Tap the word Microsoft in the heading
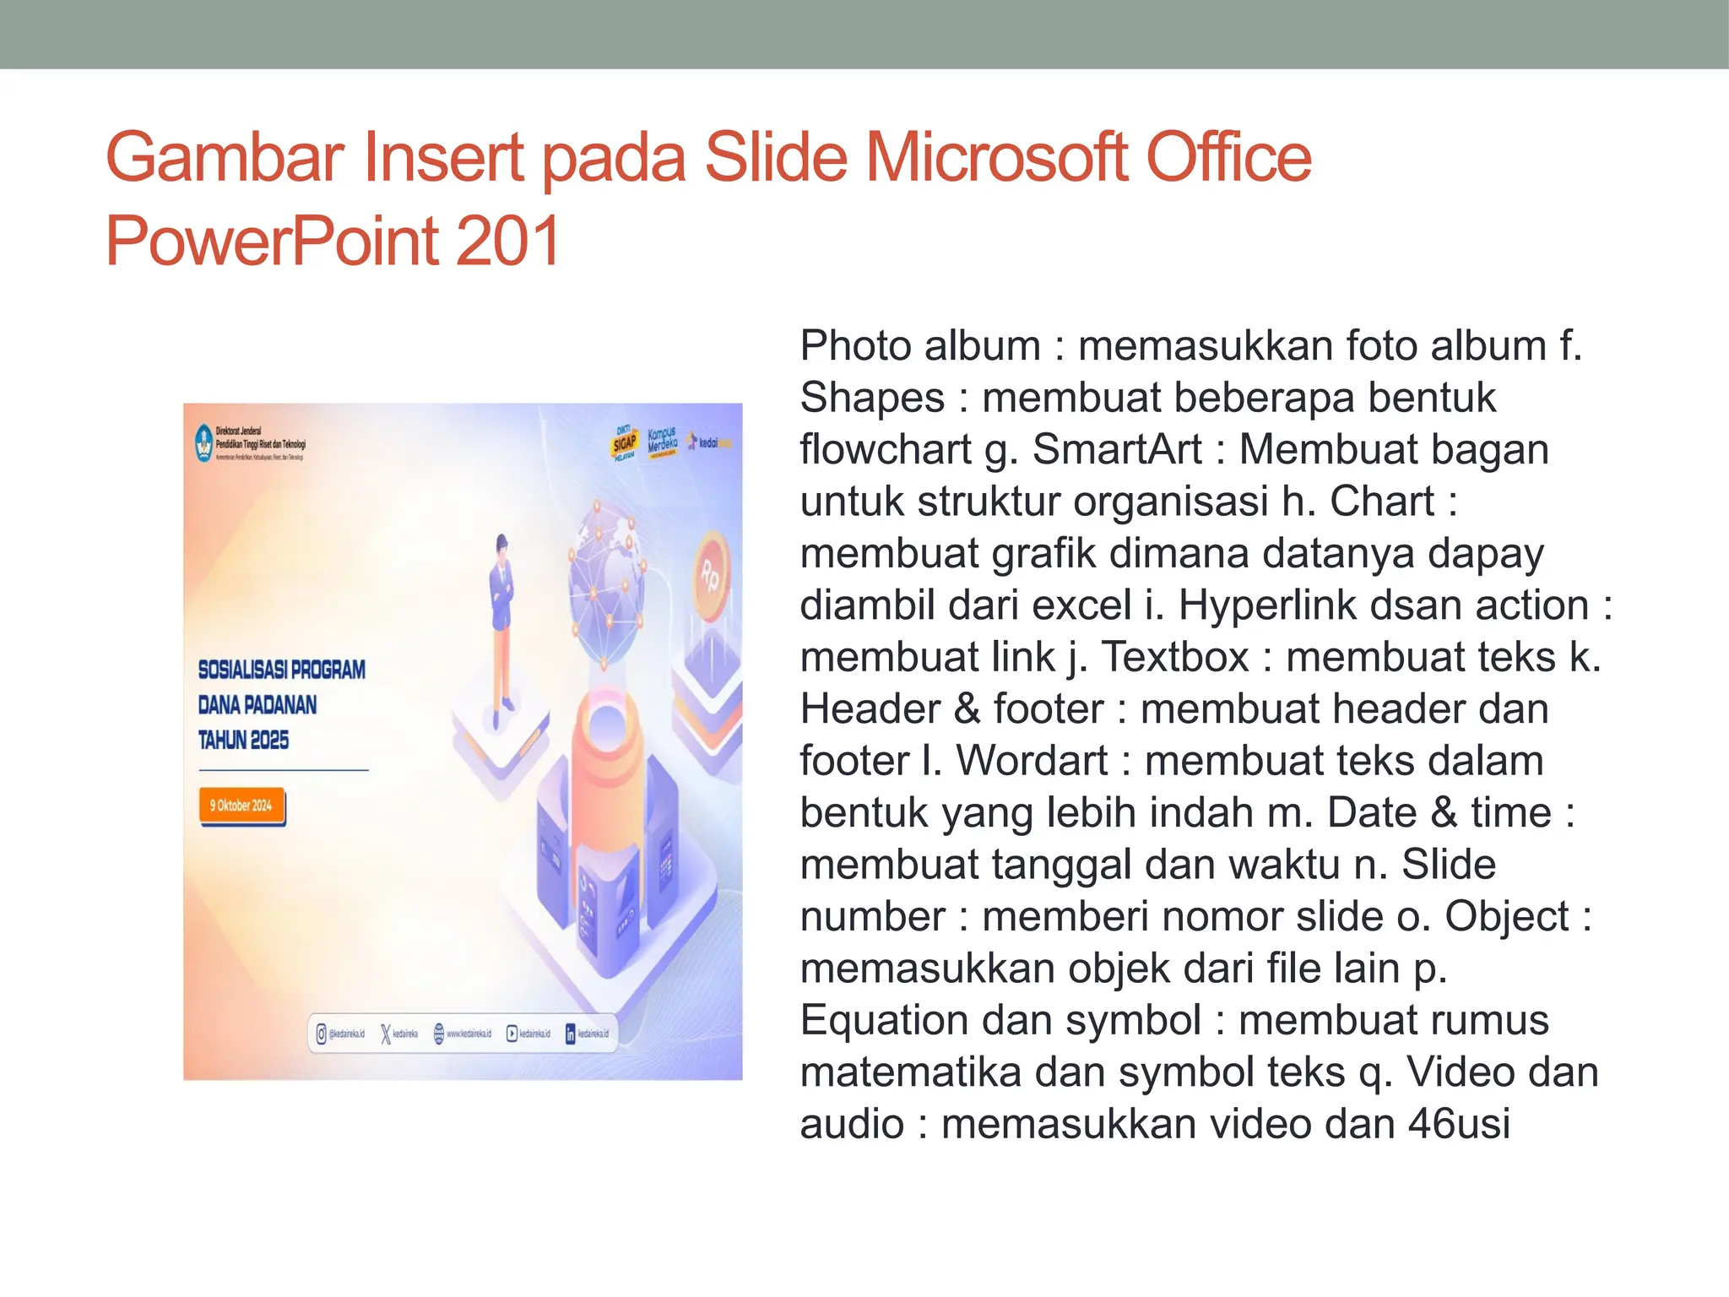pyautogui.click(x=995, y=158)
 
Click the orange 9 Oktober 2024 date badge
pyautogui.click(x=241, y=806)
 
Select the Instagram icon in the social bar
pyautogui.click(x=321, y=1034)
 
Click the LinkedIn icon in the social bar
pyautogui.click(x=570, y=1034)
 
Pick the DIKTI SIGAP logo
pyautogui.click(x=625, y=442)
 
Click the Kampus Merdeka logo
pyautogui.click(x=662, y=442)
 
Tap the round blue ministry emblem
pyautogui.click(x=203, y=442)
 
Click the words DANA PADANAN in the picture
pyautogui.click(x=257, y=705)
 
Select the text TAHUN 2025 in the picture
pyautogui.click(x=243, y=741)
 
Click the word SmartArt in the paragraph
pyautogui.click(x=1117, y=449)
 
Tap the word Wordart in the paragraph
pyautogui.click(x=1032, y=761)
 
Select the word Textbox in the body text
pyautogui.click(x=1175, y=657)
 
